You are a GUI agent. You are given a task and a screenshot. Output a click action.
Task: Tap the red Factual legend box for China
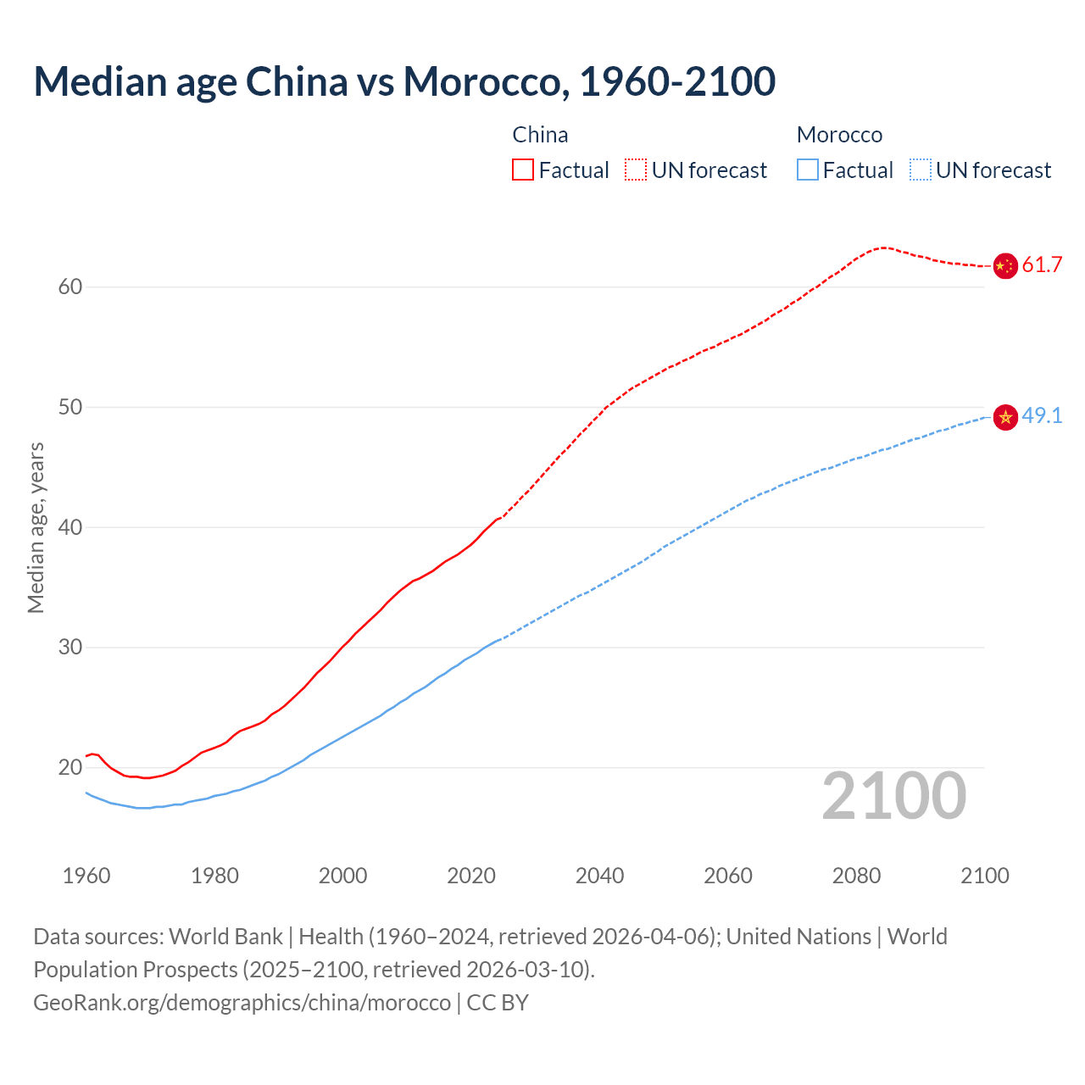coord(523,170)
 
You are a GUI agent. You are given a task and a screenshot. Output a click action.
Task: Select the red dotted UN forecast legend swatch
coord(636,170)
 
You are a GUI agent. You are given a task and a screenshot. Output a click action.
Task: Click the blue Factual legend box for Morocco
coord(808,170)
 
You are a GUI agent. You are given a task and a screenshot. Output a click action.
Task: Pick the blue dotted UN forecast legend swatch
coord(921,170)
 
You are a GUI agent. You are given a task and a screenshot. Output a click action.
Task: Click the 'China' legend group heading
coord(540,135)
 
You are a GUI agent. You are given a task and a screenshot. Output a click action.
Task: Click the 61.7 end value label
coord(1042,265)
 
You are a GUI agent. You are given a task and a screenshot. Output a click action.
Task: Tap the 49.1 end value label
coord(1042,416)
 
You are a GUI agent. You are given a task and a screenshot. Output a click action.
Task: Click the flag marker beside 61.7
coord(1004,266)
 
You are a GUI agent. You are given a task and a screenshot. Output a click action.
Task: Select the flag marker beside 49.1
coord(1004,417)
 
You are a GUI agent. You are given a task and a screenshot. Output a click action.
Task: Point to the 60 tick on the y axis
coord(70,287)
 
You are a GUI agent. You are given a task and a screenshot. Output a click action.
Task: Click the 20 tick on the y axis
coord(70,768)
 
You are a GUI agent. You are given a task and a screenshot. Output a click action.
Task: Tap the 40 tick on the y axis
coord(70,527)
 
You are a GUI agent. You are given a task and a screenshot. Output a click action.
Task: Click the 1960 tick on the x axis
coord(86,876)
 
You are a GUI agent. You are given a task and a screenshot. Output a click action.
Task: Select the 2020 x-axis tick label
coord(471,876)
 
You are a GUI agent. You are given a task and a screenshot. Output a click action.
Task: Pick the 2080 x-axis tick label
coord(856,876)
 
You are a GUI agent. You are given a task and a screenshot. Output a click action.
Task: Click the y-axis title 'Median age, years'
coord(36,527)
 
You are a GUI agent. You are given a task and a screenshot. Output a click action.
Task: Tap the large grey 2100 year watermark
coord(894,796)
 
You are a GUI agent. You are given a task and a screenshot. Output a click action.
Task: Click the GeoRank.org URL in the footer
coord(242,1003)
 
